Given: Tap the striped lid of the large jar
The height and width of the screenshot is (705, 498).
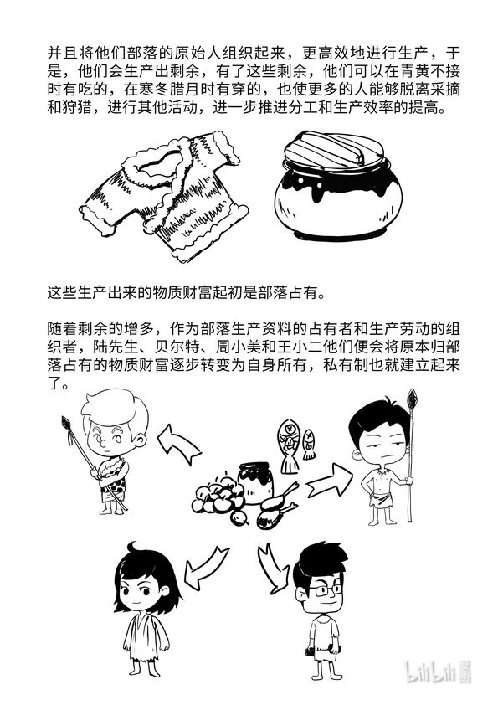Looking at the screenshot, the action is click(x=333, y=150).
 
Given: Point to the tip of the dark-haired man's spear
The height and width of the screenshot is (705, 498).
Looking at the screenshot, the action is click(x=412, y=390).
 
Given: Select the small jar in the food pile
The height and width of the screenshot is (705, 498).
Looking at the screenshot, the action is click(x=255, y=482).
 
